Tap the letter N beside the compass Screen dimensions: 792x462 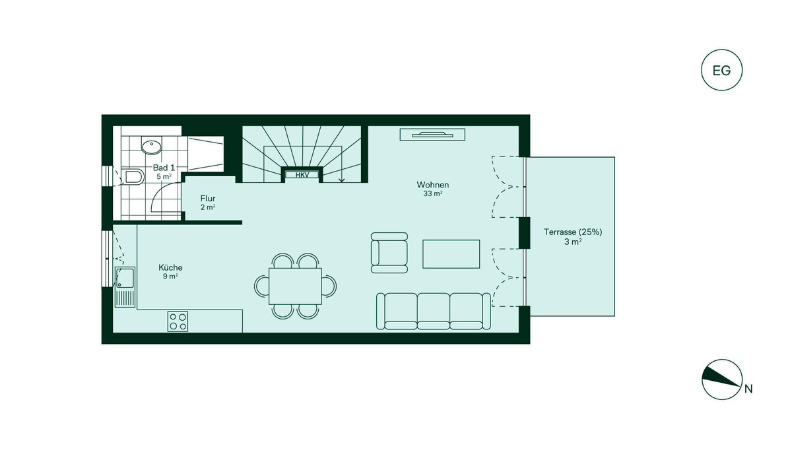point(748,389)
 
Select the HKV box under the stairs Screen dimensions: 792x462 point(302,175)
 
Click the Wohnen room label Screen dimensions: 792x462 point(433,185)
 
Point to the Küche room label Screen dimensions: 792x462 point(170,267)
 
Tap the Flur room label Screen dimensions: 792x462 point(208,198)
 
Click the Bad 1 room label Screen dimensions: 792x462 point(164,168)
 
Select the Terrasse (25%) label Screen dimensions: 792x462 point(573,232)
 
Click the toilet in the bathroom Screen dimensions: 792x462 point(134,177)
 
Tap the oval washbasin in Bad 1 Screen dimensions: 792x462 point(152,146)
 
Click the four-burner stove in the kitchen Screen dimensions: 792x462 point(178,321)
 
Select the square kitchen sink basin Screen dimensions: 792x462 point(125,277)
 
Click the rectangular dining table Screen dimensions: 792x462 point(295,286)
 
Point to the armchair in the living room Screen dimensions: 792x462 point(389,253)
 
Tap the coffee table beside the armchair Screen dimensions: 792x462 point(451,254)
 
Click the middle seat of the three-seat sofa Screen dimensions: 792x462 point(434,311)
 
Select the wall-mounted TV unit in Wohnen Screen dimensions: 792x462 point(432,135)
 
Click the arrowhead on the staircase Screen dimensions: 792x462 point(342,180)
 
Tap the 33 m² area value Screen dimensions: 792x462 point(433,193)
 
